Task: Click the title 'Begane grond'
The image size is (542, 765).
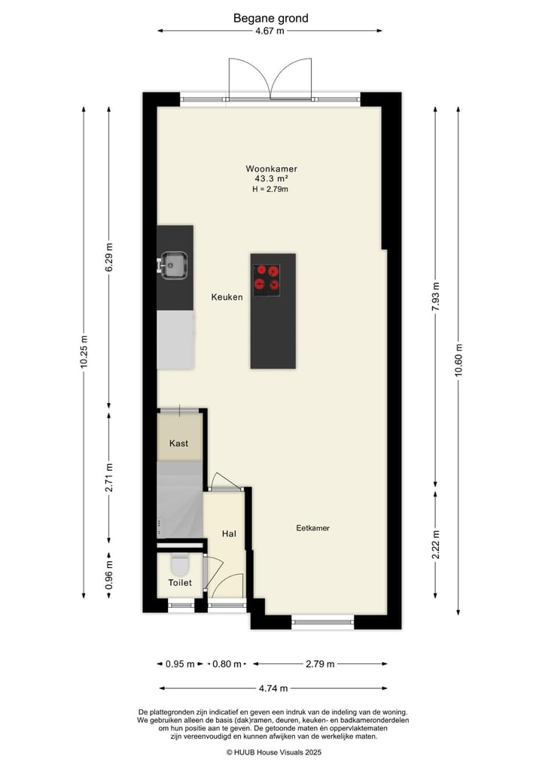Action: tap(270, 18)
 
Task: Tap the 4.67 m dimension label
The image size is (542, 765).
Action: tap(270, 32)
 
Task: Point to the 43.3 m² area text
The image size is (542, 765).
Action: tap(270, 179)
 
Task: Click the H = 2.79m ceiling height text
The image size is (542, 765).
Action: tap(270, 190)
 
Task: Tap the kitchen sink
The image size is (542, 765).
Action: tap(174, 264)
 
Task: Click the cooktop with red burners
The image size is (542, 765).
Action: tap(266, 277)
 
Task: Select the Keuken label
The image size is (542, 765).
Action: tap(227, 297)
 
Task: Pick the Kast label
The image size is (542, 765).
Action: tap(179, 444)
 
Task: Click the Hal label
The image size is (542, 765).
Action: tap(229, 533)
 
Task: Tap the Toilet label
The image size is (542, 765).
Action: tap(180, 582)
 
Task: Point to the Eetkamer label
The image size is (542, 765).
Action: tap(312, 528)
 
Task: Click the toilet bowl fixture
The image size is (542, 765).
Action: tap(180, 563)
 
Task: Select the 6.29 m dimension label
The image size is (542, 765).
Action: tap(108, 257)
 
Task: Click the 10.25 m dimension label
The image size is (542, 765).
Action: tap(84, 351)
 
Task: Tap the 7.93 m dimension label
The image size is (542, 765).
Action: tap(436, 297)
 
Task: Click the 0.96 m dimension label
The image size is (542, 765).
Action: tap(108, 575)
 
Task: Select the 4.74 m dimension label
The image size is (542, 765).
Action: tap(273, 688)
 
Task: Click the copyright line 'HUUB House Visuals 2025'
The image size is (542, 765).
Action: tap(273, 751)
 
